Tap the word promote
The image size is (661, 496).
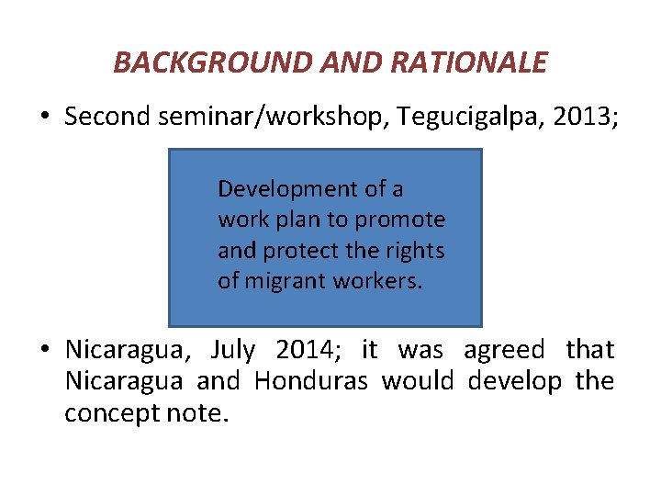400,220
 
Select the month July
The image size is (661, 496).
234,350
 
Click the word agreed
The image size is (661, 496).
503,350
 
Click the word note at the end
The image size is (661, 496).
198,413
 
